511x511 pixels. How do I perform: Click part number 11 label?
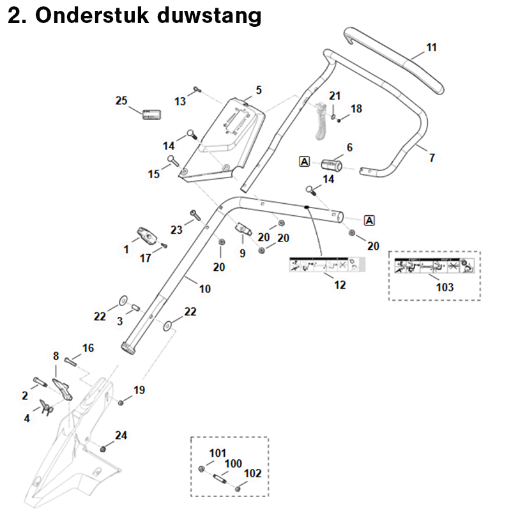pos(432,47)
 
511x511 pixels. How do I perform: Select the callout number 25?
pos(121,101)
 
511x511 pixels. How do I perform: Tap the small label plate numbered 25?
pos(151,115)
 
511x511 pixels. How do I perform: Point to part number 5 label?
pos(259,89)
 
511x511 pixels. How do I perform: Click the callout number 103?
pos(445,287)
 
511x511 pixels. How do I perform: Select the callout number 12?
pos(340,285)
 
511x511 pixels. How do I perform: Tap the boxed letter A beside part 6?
pos(304,162)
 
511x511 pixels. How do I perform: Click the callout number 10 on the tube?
pos(204,289)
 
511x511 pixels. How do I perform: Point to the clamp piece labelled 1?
pos(147,236)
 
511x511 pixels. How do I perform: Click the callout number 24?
pos(121,436)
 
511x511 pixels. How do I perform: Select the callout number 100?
pos(234,462)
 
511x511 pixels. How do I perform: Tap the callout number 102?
pos(254,473)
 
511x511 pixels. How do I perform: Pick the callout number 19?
pos(139,390)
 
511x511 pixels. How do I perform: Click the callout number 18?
pos(356,109)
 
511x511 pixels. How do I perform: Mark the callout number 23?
pos(177,229)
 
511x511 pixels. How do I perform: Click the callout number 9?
pos(242,254)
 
